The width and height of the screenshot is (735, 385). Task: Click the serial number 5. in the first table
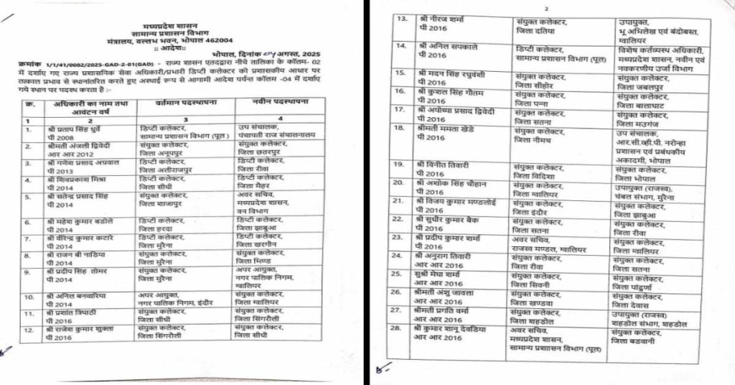point(28,195)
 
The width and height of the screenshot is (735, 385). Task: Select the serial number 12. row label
point(29,328)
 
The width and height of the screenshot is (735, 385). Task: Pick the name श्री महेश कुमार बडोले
point(83,221)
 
